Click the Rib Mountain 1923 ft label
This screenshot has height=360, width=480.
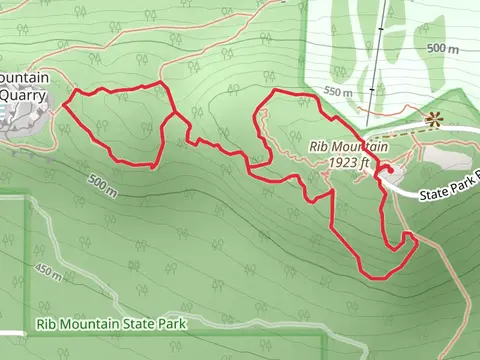(348, 153)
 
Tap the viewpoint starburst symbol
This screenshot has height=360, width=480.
(433, 119)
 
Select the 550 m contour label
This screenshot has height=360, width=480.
(339, 92)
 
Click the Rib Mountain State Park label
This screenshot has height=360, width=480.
(111, 323)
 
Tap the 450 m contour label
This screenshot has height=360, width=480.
(49, 271)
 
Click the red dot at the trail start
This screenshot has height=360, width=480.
(380, 176)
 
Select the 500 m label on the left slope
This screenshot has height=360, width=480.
(102, 185)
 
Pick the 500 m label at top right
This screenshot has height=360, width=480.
(444, 48)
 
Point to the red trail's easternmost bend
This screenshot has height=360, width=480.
(414, 238)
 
